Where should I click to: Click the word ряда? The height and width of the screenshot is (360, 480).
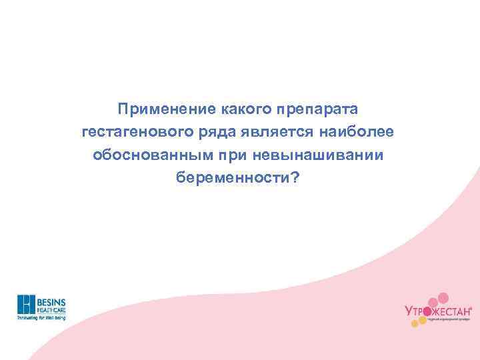217,131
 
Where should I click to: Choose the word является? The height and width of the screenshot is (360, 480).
279,131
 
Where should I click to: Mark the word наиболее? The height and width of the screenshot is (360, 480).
361,131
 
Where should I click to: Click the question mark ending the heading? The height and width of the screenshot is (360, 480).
295,178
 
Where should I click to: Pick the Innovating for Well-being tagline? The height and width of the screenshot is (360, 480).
41,318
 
